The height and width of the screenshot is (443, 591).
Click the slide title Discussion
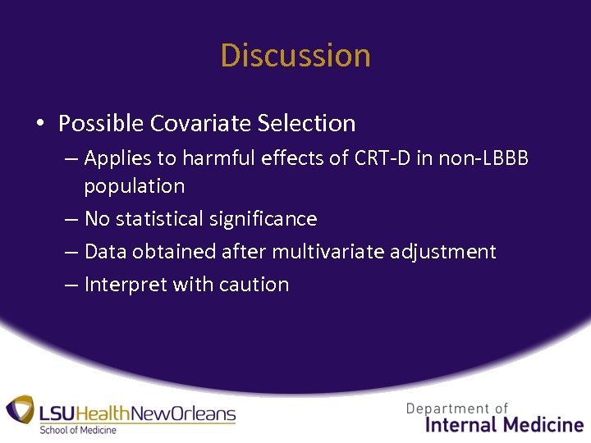295,56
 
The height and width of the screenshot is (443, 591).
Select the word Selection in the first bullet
306,123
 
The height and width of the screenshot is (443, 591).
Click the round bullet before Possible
39,124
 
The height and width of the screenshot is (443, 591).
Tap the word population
134,186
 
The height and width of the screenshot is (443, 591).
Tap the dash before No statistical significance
70,219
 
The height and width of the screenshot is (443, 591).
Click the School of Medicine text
78,430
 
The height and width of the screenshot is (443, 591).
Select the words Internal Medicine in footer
504,424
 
